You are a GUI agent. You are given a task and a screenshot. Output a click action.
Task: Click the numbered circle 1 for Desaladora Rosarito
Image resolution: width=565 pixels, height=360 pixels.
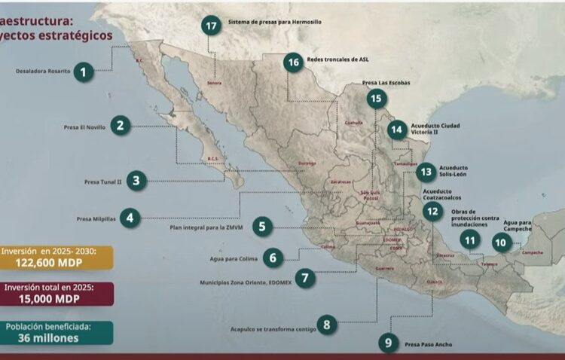84,72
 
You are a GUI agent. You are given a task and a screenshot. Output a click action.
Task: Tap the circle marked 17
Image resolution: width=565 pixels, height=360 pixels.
212,24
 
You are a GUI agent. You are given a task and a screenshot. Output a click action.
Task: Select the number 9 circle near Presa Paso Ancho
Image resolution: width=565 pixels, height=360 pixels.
387,343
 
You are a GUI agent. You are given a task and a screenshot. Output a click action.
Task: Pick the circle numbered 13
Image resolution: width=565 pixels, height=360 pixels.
426,171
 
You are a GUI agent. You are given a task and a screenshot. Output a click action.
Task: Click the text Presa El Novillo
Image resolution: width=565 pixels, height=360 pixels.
85,128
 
